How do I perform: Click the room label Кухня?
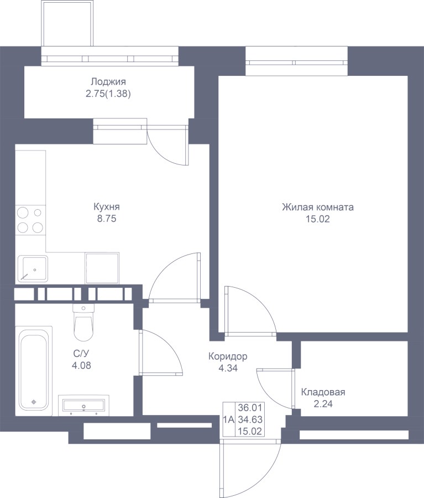coord(107,207)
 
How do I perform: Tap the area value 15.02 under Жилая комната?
coord(318,219)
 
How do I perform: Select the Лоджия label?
coord(108,82)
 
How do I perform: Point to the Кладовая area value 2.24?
coord(323,404)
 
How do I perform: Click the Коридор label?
coord(228,356)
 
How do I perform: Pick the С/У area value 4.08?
coord(82,366)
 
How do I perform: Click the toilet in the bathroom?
coord(83,322)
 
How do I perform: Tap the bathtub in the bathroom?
coord(34,370)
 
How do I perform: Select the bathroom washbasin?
coord(84,405)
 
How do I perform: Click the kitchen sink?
coord(33,268)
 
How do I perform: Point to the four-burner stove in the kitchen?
coord(30,220)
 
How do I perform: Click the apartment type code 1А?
coord(228,419)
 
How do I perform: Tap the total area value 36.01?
coord(250,407)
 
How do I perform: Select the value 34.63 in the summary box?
coord(250,419)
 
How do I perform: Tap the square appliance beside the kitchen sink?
coord(102,268)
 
